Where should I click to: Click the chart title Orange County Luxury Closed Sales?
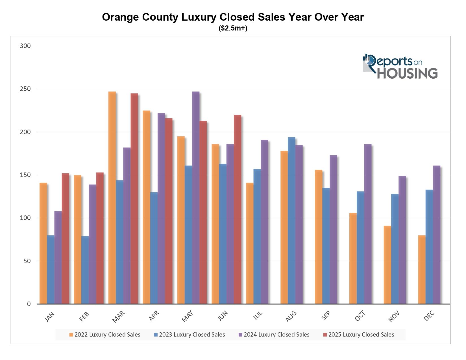(233, 17)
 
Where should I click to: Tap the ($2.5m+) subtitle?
(233, 29)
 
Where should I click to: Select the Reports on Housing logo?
(400, 66)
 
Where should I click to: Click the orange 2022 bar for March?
(112, 198)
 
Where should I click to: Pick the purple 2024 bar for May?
(195, 198)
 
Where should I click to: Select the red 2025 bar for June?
(237, 209)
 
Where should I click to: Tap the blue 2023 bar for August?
(291, 221)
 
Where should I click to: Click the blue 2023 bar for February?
(85, 270)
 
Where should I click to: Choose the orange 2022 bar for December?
(422, 270)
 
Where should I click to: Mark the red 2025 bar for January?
(65, 239)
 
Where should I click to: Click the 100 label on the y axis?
(25, 218)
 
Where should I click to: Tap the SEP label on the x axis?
(326, 316)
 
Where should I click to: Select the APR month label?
(154, 316)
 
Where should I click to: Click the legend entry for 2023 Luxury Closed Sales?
(192, 335)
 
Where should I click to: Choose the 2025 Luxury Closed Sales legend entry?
(361, 335)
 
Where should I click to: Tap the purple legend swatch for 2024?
(240, 335)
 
